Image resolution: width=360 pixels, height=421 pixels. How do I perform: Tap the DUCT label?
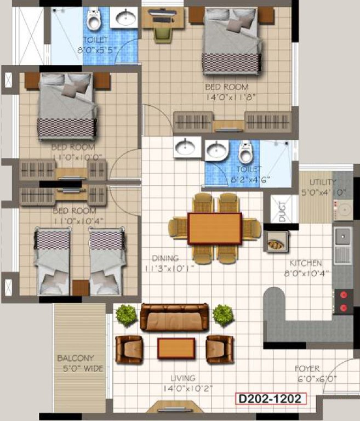[281, 212]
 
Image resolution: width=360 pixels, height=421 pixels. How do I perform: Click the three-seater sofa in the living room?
[174, 317]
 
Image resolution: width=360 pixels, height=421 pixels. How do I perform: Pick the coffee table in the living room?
[176, 348]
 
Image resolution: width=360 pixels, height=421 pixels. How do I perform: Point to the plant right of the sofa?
[223, 315]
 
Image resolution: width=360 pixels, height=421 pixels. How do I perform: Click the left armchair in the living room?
[129, 349]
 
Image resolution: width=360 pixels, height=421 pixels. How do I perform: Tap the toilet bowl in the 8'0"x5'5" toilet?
[94, 20]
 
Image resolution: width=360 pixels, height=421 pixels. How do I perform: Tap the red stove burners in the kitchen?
[344, 301]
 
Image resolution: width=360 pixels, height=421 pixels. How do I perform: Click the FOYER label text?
[307, 369]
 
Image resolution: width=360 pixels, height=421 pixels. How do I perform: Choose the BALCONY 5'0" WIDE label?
[80, 363]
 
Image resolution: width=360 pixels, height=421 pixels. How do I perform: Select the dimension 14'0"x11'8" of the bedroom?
[226, 98]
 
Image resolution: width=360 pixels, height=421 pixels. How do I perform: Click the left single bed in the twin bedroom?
[54, 261]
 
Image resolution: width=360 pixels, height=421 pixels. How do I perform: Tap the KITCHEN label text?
[306, 263]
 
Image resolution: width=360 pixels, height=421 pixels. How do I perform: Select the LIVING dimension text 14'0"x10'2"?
[184, 389]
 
